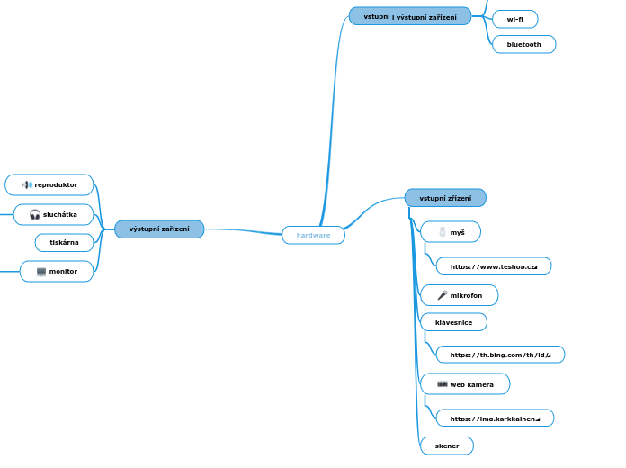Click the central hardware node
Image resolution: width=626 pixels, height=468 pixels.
click(x=313, y=235)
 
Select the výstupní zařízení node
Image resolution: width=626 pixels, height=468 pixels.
click(x=159, y=229)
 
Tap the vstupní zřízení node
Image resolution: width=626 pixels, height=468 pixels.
click(x=445, y=197)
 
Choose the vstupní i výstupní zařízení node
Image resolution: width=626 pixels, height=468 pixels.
click(x=409, y=16)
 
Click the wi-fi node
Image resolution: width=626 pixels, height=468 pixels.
click(x=515, y=19)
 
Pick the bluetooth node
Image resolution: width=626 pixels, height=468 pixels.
click(x=524, y=44)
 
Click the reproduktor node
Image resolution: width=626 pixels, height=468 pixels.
click(x=49, y=184)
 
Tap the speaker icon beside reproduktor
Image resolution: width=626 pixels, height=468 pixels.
click(x=27, y=185)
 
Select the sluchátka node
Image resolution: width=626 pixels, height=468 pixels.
click(x=54, y=214)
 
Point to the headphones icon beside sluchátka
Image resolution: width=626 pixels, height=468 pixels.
click(x=35, y=214)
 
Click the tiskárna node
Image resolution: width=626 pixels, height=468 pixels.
click(x=64, y=242)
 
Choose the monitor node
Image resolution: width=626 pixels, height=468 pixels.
click(x=57, y=271)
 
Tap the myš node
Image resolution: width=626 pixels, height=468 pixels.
click(x=451, y=232)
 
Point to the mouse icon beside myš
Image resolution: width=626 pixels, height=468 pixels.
click(x=442, y=232)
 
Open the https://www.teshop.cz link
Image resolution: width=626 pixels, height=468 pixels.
click(x=493, y=266)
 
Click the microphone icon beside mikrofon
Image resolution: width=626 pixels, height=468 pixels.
click(x=442, y=295)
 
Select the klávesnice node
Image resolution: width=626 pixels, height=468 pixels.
click(x=453, y=322)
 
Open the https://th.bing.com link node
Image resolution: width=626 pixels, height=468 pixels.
click(x=500, y=355)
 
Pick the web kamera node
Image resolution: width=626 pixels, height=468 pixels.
click(x=465, y=384)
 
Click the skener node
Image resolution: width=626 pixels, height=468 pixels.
click(x=447, y=445)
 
